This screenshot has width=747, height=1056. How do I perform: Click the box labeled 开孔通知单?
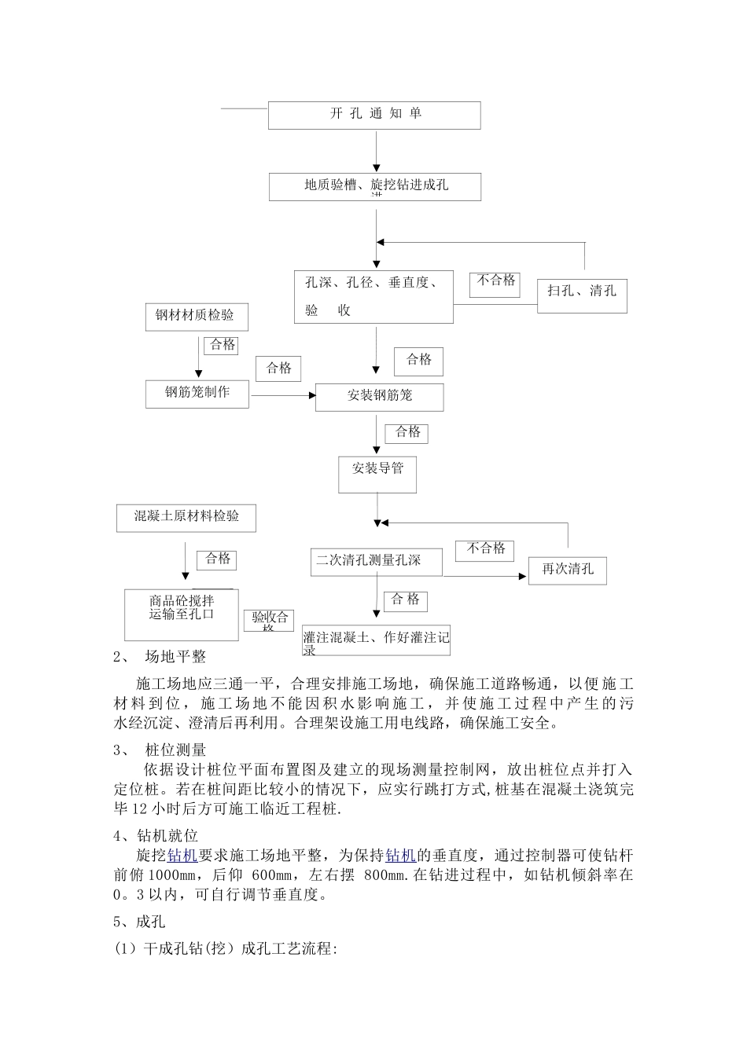click(374, 115)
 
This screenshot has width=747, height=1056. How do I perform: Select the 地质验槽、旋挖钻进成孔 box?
click(375, 186)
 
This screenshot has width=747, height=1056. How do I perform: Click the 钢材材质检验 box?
click(195, 316)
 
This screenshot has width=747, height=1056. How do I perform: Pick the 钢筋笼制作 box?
click(197, 393)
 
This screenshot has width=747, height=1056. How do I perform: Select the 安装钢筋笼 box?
click(379, 397)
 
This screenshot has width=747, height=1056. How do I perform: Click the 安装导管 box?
click(377, 474)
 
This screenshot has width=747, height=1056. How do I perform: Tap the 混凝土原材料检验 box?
click(186, 518)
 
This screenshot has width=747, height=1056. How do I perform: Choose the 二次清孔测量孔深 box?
click(374, 562)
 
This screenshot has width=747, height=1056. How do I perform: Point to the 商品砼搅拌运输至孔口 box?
click(182, 614)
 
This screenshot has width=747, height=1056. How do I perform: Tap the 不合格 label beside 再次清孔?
click(485, 549)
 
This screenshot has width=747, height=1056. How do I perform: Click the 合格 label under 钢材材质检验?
click(221, 345)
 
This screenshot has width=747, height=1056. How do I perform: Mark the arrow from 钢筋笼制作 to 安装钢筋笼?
click(282, 394)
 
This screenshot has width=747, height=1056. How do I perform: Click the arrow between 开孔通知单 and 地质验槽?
click(376, 151)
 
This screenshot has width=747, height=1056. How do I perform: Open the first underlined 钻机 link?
click(182, 855)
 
